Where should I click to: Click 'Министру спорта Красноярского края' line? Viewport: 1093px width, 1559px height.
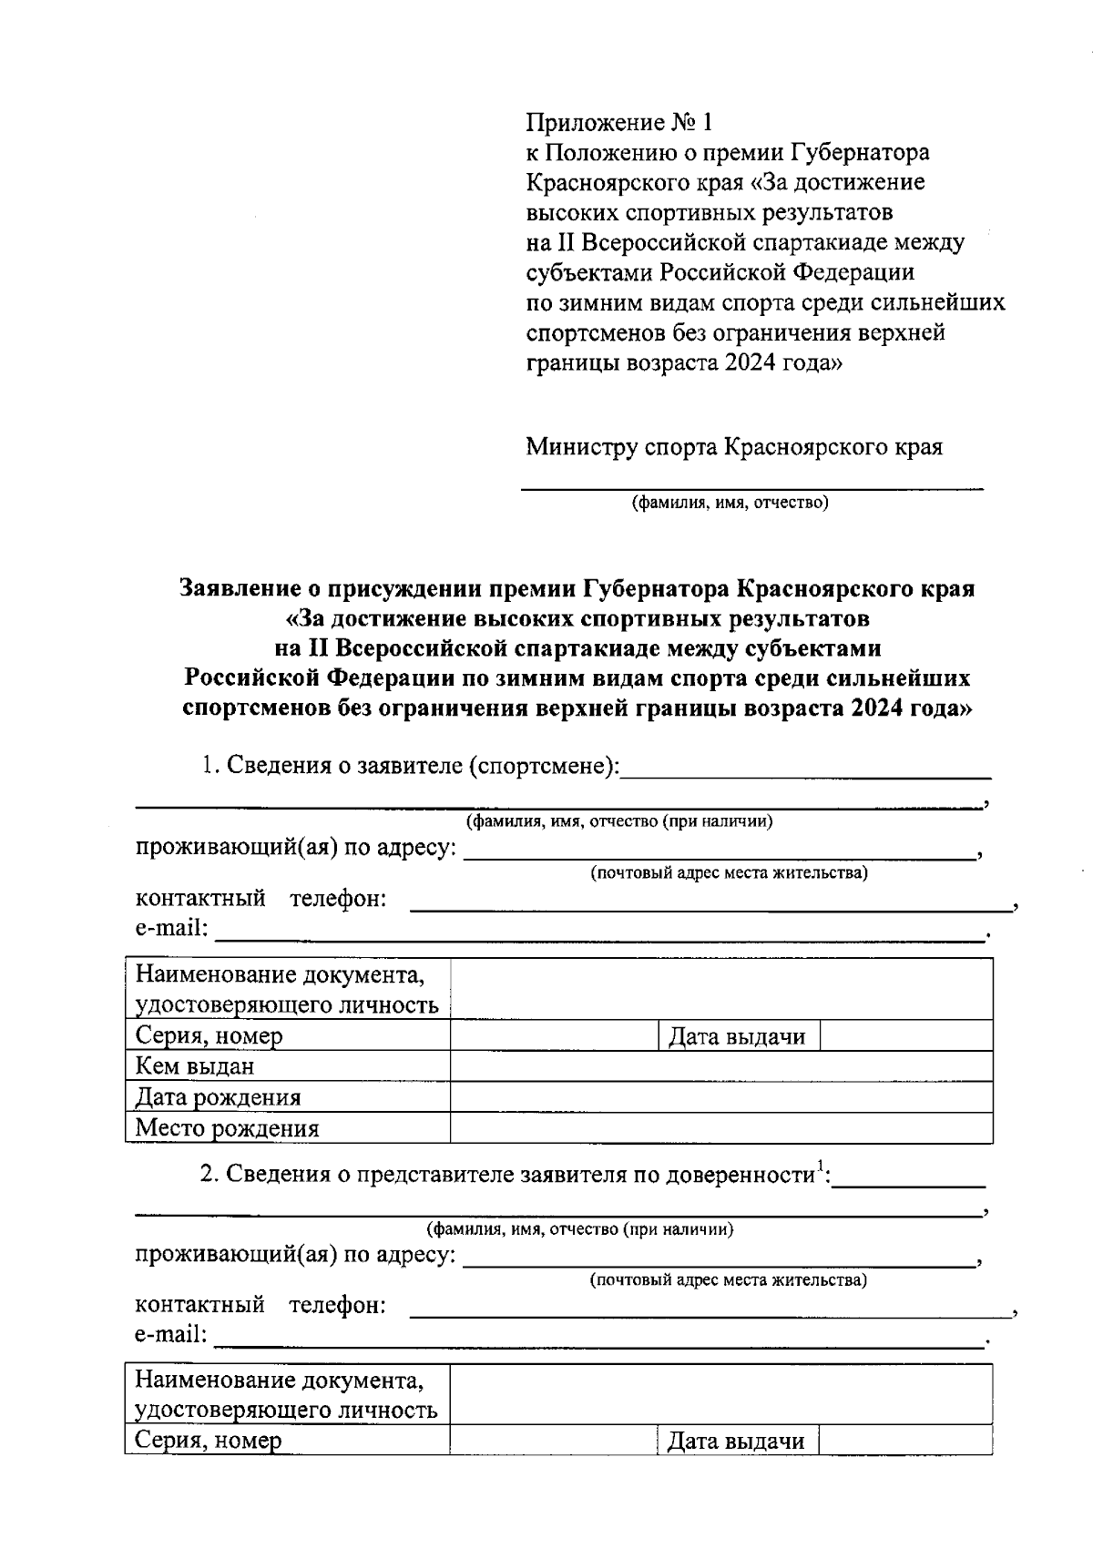click(733, 447)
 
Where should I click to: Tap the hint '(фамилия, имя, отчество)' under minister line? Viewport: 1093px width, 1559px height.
click(730, 502)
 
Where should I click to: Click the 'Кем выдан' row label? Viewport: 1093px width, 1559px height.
click(195, 1066)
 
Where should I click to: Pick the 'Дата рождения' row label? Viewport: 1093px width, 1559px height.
click(218, 1097)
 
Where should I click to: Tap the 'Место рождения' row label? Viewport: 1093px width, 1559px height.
click(227, 1129)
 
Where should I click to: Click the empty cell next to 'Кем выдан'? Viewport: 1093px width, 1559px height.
click(720, 1066)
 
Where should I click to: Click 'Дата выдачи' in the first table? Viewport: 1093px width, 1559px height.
click(737, 1036)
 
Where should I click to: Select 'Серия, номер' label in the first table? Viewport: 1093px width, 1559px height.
click(209, 1036)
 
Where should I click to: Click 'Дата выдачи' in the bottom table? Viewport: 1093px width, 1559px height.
click(736, 1442)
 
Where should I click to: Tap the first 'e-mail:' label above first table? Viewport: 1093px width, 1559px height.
click(171, 929)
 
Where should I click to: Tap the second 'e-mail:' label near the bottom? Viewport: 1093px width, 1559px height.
click(171, 1335)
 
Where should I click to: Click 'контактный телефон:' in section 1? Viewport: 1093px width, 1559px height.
click(261, 899)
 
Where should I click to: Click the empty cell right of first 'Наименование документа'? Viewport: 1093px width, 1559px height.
click(720, 990)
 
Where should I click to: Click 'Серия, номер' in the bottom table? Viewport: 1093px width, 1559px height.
click(209, 1442)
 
